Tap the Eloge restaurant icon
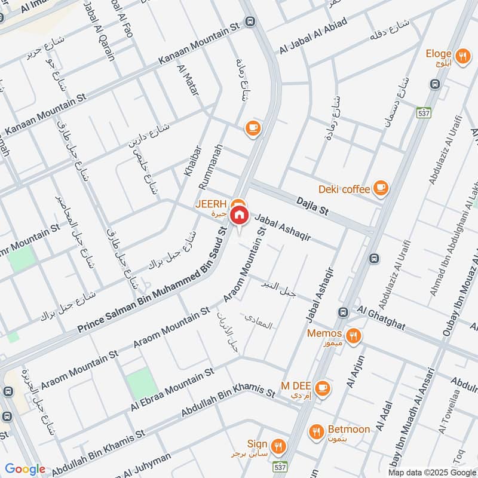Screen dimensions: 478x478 [462, 57]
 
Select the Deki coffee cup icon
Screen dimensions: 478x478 [380, 189]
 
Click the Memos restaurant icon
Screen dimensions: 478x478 [354, 336]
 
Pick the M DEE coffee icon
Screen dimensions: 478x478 [322, 388]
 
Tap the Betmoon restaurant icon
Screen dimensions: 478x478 [317, 430]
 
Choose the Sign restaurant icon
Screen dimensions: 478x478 [278, 445]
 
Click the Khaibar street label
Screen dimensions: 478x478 [191, 160]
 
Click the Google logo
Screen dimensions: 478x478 [26, 470]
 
